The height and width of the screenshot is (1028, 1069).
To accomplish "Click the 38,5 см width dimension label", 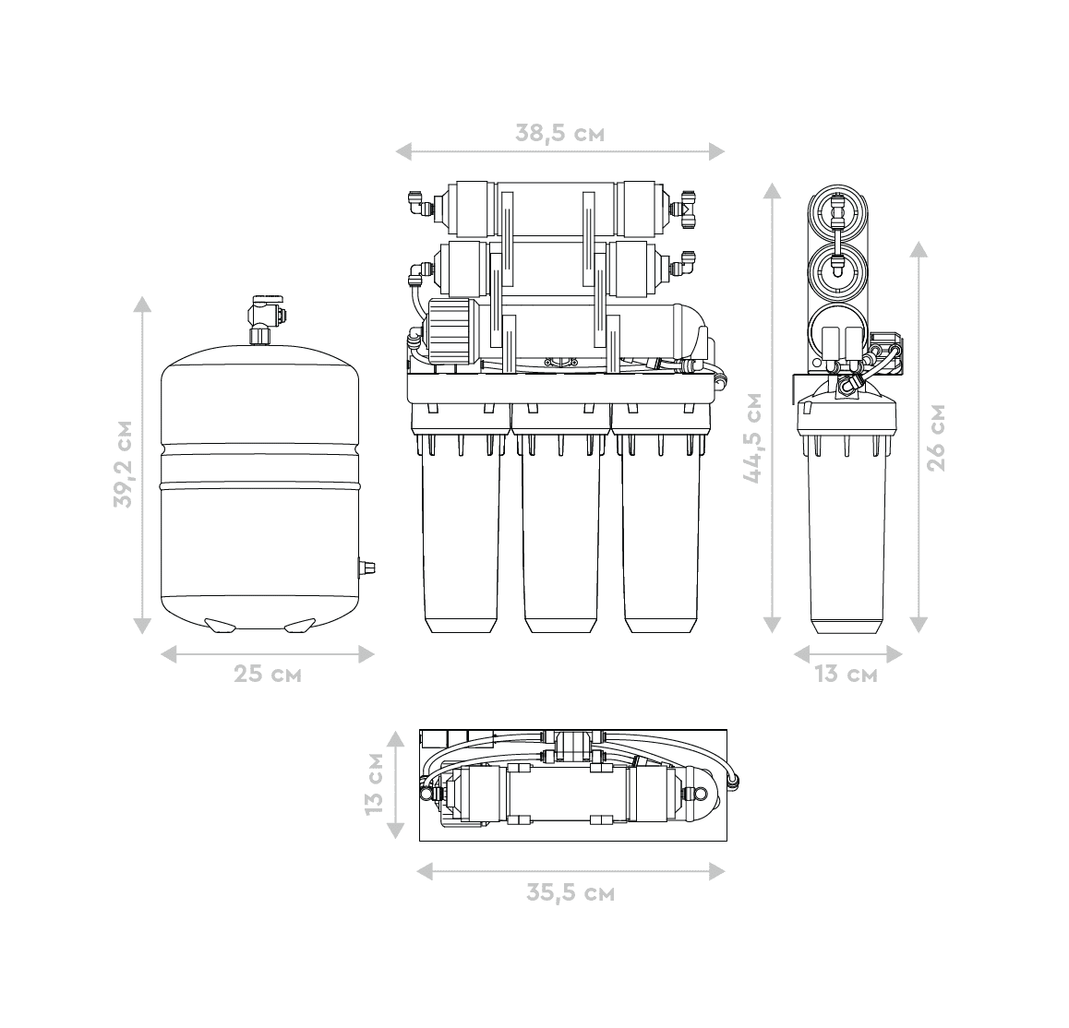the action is [559, 132].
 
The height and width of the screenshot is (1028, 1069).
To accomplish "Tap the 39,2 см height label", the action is [124, 463].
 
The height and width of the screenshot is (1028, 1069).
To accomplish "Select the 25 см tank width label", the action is [268, 675].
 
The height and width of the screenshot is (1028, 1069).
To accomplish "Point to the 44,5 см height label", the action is [752, 437].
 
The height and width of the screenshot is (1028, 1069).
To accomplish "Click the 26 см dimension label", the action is [937, 437].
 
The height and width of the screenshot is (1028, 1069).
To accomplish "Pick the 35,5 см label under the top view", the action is [571, 892].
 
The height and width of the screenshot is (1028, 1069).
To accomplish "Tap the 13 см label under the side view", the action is [847, 675].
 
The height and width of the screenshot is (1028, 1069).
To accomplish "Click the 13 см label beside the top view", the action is [374, 784].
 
